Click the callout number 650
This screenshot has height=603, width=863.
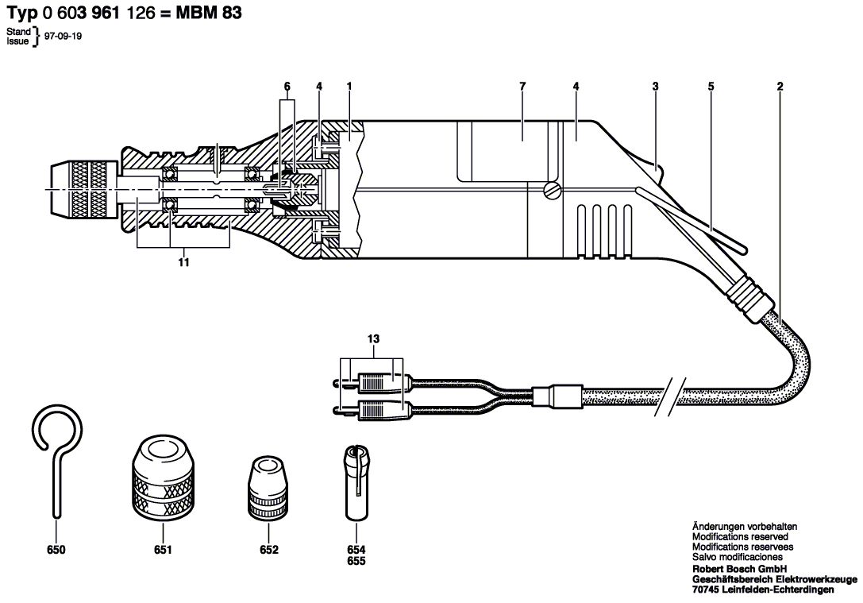56,550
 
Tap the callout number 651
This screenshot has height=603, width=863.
163,550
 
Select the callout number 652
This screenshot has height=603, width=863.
269,550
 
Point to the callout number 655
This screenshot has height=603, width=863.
356,561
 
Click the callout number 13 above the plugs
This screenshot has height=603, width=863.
373,339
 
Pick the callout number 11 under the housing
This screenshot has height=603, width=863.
184,262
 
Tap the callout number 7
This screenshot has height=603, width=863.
522,87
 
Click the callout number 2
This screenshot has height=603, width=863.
780,87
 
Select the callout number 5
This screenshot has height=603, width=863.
711,87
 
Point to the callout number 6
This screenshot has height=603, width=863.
287,87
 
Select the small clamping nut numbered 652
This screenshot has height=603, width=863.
269,488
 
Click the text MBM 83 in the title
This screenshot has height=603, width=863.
209,13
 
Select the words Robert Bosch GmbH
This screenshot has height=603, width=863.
739,569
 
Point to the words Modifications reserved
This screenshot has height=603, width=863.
740,536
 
